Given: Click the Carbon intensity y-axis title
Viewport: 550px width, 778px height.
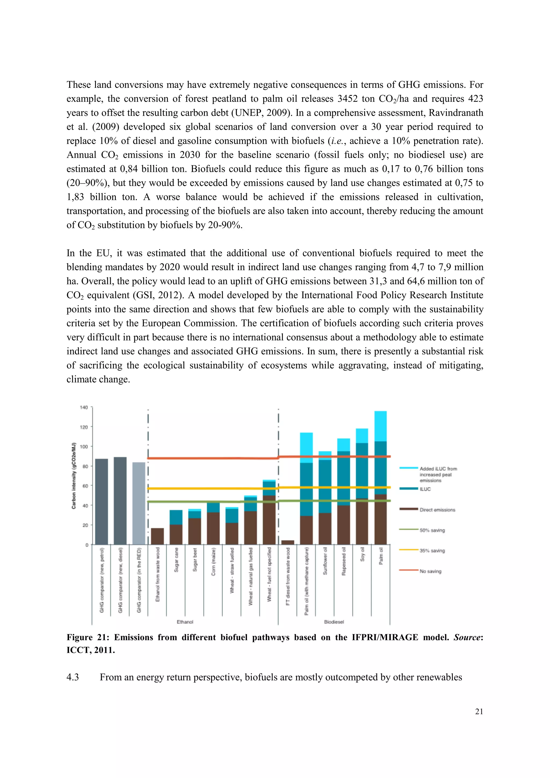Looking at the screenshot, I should click(x=74, y=476).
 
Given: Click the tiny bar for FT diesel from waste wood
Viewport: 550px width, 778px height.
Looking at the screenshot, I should click(x=288, y=542).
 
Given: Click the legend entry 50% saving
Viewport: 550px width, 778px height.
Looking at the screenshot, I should click(x=432, y=530).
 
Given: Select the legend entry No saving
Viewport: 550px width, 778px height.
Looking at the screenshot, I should click(x=430, y=571).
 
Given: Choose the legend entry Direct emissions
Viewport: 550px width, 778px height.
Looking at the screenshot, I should click(x=437, y=510).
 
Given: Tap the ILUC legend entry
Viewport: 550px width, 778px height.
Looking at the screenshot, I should click(x=425, y=489).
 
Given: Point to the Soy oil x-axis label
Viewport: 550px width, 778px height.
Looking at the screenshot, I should click(x=362, y=554).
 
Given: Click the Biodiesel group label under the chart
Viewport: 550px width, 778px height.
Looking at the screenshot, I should click(x=334, y=622).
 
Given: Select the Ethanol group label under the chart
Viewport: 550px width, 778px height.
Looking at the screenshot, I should click(x=185, y=622).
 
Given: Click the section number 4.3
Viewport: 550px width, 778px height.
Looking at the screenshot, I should click(x=73, y=677).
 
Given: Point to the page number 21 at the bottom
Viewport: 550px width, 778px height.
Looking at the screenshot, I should click(x=479, y=712).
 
